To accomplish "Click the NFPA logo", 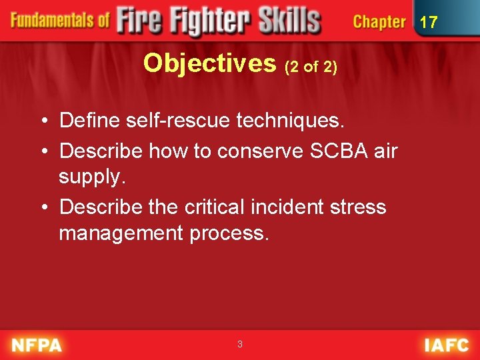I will [x=36, y=345].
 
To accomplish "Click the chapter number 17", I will [x=428, y=22].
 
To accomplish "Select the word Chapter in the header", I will [x=379, y=22].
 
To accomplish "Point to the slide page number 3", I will [x=240, y=345].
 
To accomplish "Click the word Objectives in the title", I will [x=209, y=63].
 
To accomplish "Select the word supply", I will [x=91, y=177].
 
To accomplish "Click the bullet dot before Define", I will [x=43, y=121].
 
